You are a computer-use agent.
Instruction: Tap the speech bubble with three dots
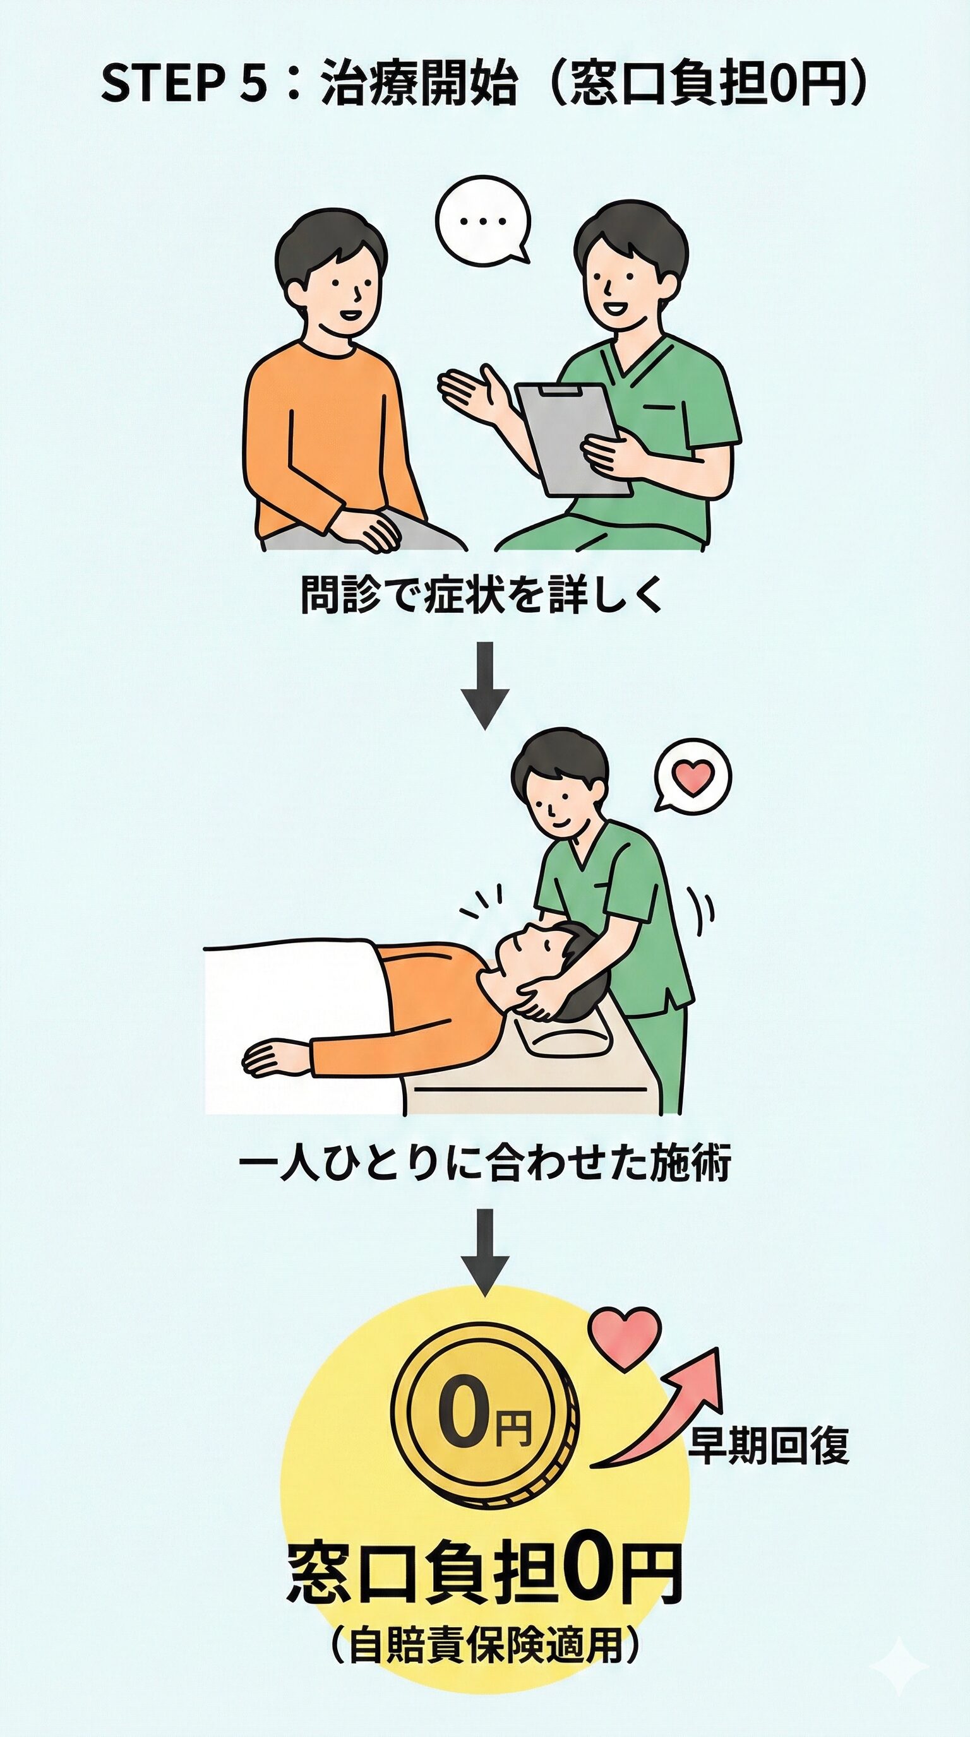[482, 220]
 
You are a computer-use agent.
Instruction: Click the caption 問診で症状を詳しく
[482, 595]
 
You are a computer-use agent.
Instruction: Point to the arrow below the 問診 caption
[485, 684]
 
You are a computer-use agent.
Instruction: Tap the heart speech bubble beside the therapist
[693, 776]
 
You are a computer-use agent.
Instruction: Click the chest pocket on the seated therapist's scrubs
[657, 408]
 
